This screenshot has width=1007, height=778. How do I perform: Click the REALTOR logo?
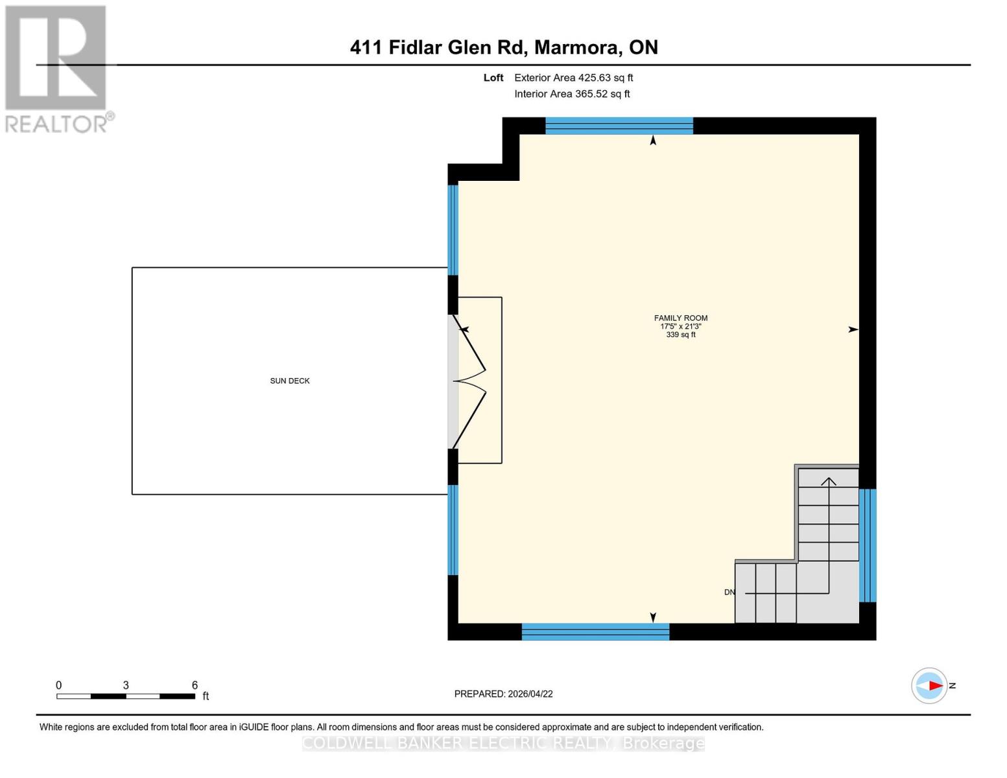pyautogui.click(x=57, y=69)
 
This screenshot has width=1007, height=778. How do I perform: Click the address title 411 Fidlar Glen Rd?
pyautogui.click(x=504, y=47)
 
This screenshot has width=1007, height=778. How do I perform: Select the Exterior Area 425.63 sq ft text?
pyautogui.click(x=573, y=78)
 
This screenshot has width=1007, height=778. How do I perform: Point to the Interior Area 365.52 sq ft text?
pyautogui.click(x=572, y=94)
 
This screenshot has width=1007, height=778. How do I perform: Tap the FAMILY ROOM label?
pyautogui.click(x=680, y=318)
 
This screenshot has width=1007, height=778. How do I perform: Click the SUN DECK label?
pyautogui.click(x=290, y=381)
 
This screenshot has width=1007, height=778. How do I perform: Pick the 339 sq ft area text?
pyautogui.click(x=680, y=335)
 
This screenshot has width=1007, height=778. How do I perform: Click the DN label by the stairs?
pyautogui.click(x=729, y=592)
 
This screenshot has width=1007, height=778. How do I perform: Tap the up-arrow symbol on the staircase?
pyautogui.click(x=829, y=481)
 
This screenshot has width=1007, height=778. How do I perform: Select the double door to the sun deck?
pyautogui.click(x=468, y=381)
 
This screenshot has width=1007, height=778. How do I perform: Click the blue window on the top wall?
pyautogui.click(x=619, y=126)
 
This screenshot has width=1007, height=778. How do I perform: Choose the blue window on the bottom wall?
pyautogui.click(x=595, y=631)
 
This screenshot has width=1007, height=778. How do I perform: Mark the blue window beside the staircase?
pyautogui.click(x=868, y=545)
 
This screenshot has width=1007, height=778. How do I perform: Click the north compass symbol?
pyautogui.click(x=930, y=685)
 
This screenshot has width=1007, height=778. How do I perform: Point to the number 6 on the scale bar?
pyautogui.click(x=195, y=685)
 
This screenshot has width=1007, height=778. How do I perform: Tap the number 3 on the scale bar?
pyautogui.click(x=126, y=685)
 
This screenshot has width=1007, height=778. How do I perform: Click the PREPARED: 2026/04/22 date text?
pyautogui.click(x=503, y=694)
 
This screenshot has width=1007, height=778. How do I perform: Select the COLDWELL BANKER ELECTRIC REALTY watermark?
pyautogui.click(x=503, y=743)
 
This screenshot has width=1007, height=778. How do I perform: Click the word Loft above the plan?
pyautogui.click(x=493, y=78)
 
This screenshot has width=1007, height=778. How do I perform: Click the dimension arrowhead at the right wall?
pyautogui.click(x=853, y=329)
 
